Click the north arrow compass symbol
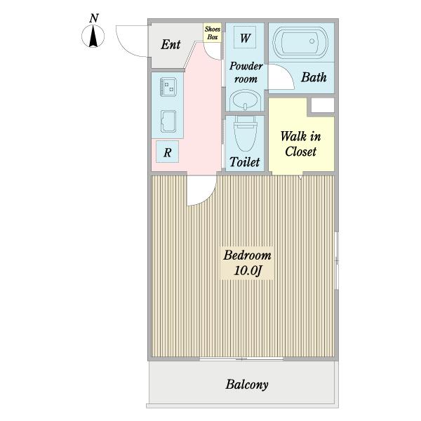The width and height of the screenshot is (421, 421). (93, 36)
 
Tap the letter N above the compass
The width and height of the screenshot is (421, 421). (94, 18)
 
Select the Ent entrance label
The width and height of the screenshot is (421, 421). (171, 45)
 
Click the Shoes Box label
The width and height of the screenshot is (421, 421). (213, 33)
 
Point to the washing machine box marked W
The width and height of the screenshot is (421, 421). (245, 38)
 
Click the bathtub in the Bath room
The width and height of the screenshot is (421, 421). (300, 42)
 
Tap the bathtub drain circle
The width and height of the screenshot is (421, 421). (312, 41)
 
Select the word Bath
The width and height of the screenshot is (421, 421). (314, 77)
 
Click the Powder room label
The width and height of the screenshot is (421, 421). (246, 72)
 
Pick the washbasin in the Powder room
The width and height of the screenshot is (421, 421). (246, 100)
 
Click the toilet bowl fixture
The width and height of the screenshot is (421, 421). (245, 133)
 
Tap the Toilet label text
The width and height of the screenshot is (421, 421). (245, 162)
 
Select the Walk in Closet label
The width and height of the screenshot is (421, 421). (301, 144)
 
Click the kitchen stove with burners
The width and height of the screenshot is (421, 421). (168, 87)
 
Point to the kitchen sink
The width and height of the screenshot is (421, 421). (168, 121)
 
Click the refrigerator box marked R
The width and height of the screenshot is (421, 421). (167, 152)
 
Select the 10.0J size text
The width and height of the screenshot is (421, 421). (248, 270)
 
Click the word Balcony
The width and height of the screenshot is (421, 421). (247, 385)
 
